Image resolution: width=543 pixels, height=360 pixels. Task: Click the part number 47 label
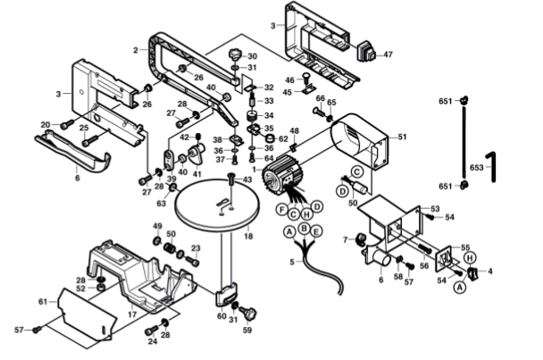388,54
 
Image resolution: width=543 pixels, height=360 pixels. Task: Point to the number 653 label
476,167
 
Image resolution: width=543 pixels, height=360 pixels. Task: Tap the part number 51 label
402,137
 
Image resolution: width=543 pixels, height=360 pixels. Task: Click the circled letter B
305,229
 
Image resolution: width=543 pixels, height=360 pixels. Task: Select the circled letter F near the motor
280,209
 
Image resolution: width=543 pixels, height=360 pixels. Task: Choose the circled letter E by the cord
316,233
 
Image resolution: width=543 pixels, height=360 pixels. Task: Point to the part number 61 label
42,302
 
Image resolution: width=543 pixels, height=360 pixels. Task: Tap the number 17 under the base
131,314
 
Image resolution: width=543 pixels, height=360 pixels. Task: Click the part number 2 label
135,49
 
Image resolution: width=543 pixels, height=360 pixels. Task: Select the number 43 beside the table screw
247,180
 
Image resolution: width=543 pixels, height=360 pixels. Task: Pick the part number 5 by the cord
291,261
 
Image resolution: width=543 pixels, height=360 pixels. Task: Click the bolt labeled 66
320,115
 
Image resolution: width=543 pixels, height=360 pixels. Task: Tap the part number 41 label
197,174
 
